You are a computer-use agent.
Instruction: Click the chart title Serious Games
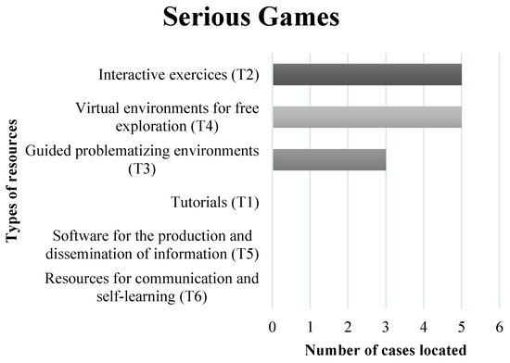point(254,18)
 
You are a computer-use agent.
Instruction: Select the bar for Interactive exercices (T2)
point(367,75)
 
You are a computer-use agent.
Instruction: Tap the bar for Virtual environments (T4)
point(367,117)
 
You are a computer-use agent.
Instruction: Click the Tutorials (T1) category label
point(216,200)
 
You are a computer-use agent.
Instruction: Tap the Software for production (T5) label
point(156,244)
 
